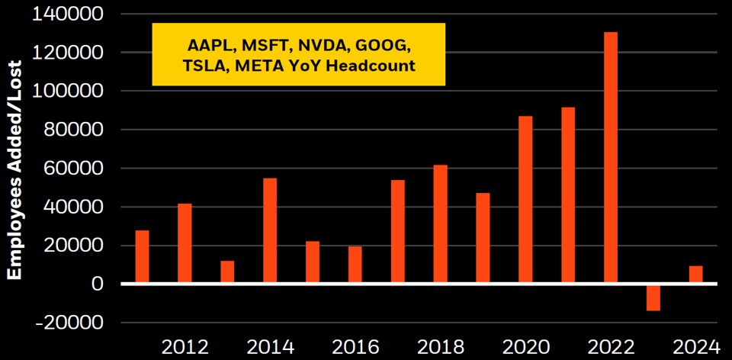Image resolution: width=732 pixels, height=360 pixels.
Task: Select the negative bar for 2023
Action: [x=653, y=297]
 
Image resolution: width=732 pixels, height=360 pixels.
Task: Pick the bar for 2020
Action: [x=525, y=200]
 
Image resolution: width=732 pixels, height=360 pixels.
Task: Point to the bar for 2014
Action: [x=270, y=231]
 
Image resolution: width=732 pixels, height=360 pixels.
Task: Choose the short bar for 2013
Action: [x=227, y=272]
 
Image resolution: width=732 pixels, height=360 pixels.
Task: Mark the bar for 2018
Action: [x=440, y=224]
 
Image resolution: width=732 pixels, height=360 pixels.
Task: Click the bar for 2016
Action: [x=355, y=265]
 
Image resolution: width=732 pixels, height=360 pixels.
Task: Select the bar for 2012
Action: [x=185, y=243]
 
